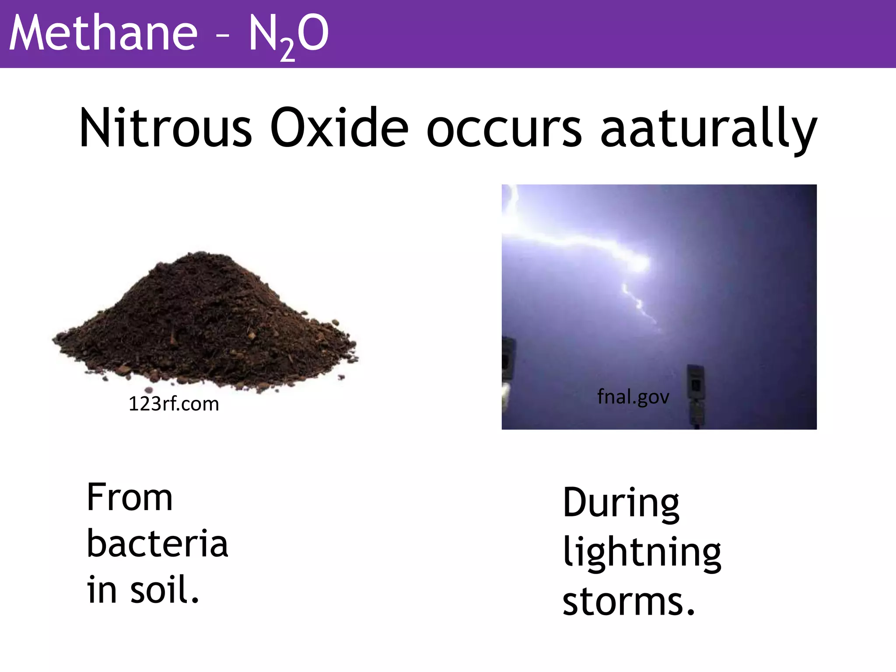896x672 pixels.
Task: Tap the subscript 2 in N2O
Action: click(287, 51)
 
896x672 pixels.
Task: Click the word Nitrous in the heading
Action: click(165, 128)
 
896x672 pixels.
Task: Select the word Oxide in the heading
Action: click(339, 128)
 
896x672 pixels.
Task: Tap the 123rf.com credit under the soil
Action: click(174, 404)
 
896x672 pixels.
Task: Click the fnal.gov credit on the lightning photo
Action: click(633, 397)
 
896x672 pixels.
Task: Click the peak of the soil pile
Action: click(199, 256)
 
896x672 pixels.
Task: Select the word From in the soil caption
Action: click(130, 497)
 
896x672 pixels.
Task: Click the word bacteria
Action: click(157, 543)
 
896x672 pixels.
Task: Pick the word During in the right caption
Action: click(621, 503)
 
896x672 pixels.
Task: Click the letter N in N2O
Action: click(264, 33)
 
